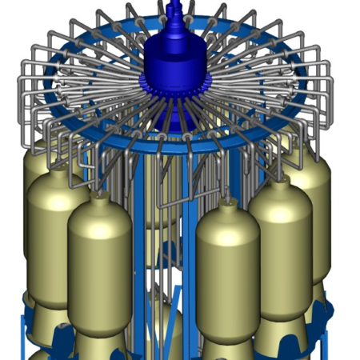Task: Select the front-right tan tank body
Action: [227, 276]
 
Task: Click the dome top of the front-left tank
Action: [100, 210]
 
